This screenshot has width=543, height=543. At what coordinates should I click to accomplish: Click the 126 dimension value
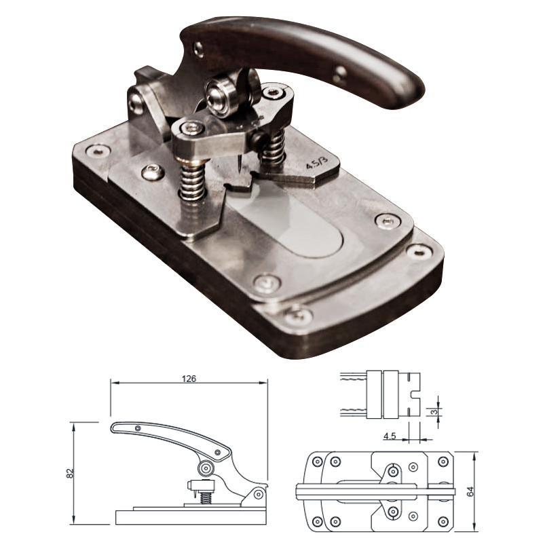point(189,379)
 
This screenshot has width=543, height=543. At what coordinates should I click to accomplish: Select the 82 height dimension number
point(70,473)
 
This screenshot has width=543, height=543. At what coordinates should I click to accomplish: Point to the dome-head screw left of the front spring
point(153,172)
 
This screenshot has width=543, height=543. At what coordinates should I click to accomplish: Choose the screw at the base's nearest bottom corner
point(297,317)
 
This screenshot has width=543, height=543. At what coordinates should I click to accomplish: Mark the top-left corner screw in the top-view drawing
point(317,461)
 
